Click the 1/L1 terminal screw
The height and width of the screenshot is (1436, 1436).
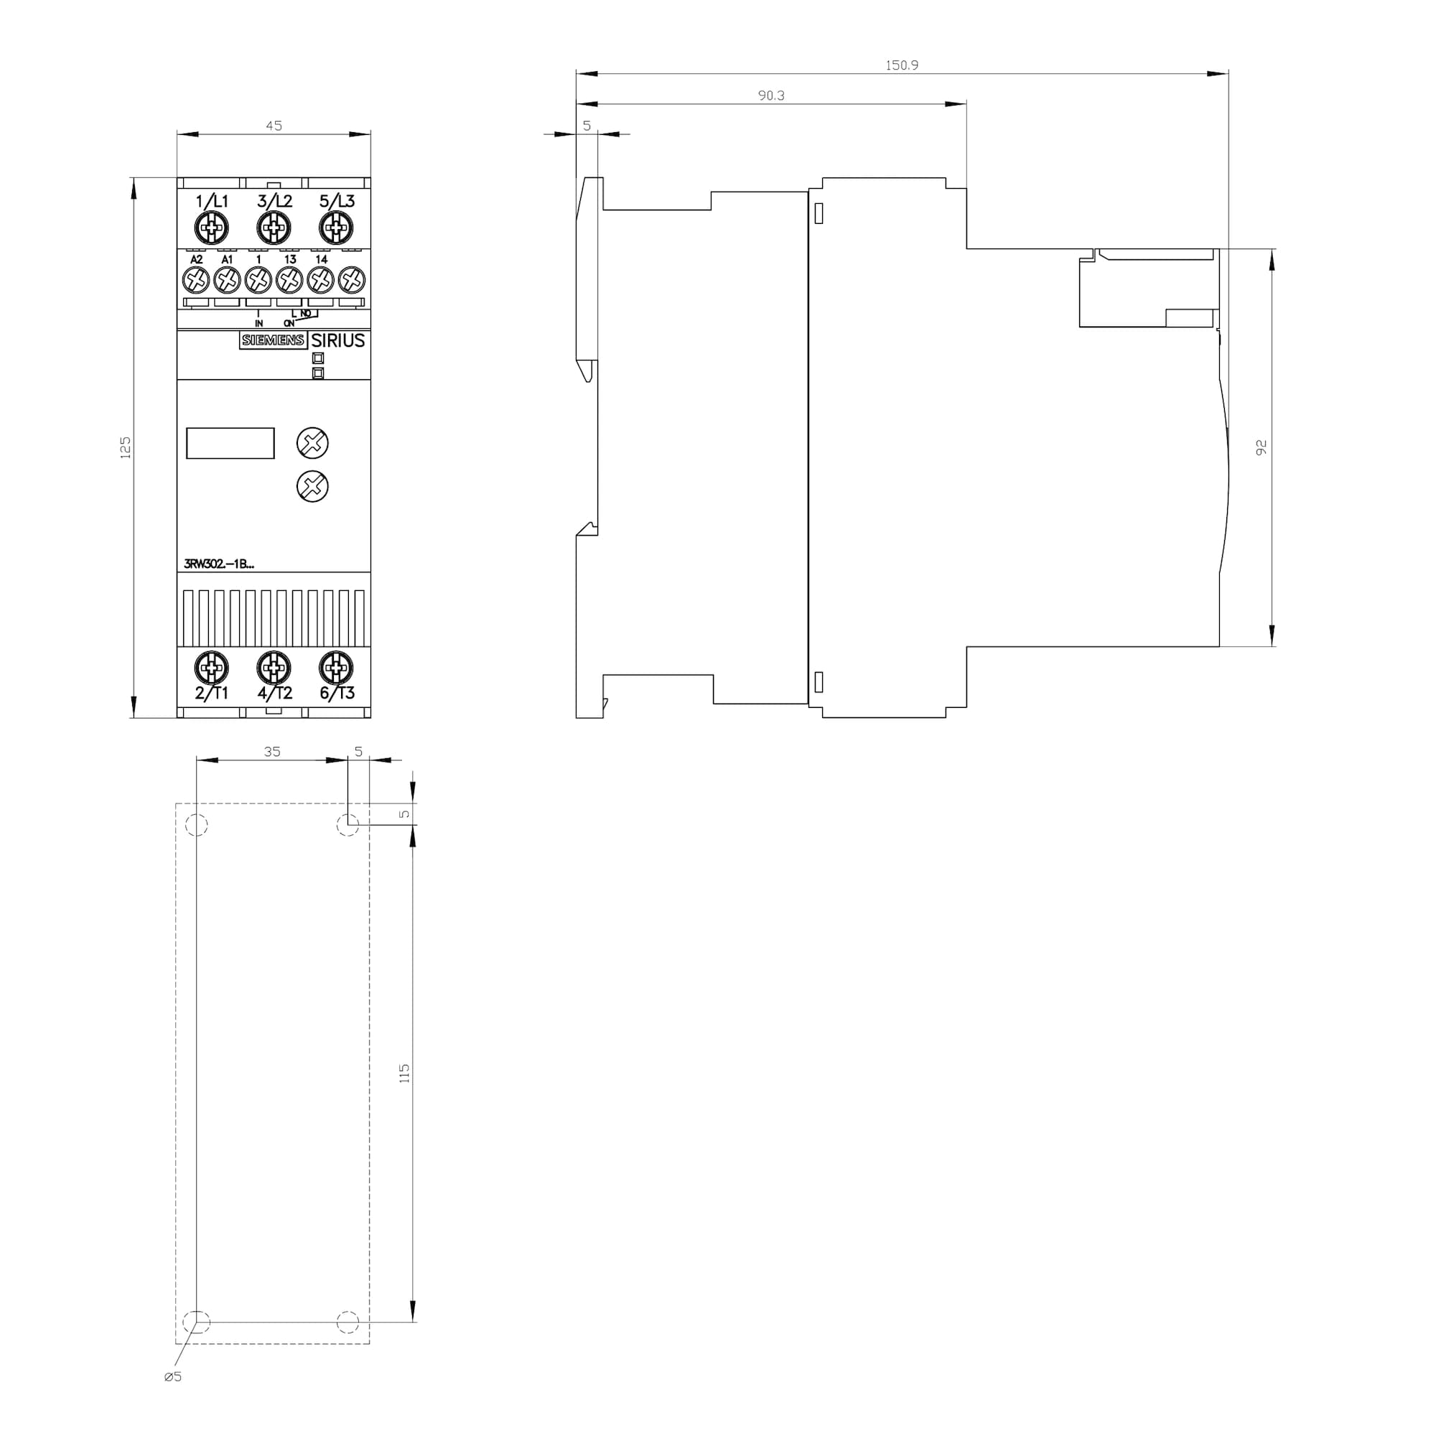[212, 228]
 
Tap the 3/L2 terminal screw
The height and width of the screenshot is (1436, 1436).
[274, 228]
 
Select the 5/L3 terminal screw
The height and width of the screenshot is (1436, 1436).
[336, 228]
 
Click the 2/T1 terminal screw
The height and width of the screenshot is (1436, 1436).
[212, 668]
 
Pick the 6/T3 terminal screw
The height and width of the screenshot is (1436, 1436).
[336, 668]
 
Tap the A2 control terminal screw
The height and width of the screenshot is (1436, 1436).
[195, 280]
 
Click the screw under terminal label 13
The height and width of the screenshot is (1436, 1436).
[289, 280]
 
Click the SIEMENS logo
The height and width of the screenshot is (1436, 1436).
[273, 340]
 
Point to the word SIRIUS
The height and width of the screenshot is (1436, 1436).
[338, 340]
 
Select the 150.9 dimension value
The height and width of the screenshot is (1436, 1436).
[902, 65]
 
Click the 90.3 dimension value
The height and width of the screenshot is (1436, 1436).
[770, 95]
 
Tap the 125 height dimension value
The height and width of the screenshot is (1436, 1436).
[126, 447]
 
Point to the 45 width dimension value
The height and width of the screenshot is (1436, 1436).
[274, 126]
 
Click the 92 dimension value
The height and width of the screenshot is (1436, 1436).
[1262, 447]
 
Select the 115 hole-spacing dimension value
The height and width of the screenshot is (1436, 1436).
[404, 1073]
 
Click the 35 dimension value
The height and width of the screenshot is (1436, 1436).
[272, 752]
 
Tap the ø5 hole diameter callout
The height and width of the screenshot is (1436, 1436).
[172, 1376]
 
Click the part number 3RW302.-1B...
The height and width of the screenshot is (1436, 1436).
[219, 564]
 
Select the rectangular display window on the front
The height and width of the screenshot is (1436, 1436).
[230, 443]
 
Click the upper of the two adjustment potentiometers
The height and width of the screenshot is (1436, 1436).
[312, 443]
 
